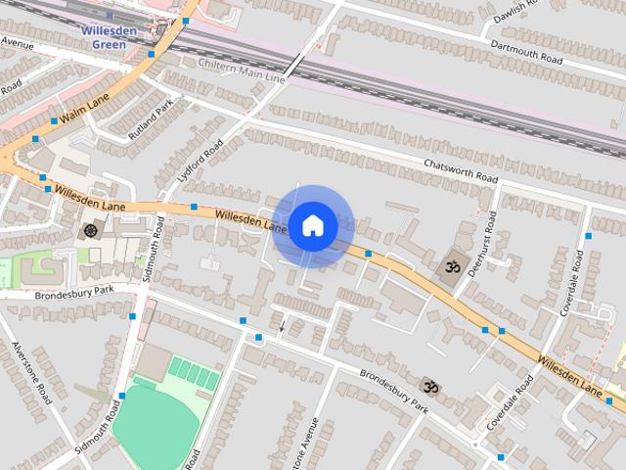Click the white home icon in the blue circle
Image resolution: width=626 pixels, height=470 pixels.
click(x=312, y=226)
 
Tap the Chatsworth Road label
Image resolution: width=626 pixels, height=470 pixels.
click(x=460, y=171)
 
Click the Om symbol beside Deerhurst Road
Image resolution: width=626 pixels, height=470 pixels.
click(x=451, y=265)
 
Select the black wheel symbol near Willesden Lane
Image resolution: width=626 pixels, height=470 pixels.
click(x=91, y=231)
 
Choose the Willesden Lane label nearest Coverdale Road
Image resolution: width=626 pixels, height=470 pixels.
click(x=569, y=373)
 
